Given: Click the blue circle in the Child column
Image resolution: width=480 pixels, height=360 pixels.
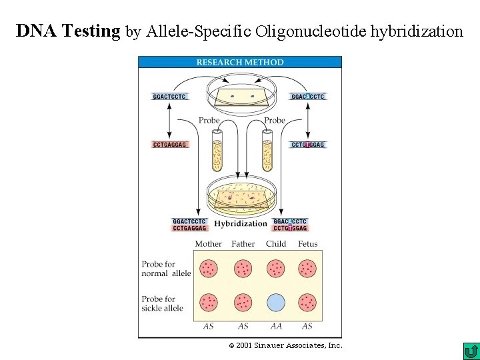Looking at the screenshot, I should coord(275,303).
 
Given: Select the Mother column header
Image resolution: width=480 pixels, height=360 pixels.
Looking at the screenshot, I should coord(208,244).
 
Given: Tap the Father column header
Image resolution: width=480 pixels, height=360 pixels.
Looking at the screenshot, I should coord(243,244).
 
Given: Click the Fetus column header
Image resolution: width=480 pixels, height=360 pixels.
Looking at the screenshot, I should coord(307,244).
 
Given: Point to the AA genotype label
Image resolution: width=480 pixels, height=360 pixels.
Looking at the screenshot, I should coord(275,327).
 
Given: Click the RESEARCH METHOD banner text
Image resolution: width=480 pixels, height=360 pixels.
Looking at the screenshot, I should coord(240,62).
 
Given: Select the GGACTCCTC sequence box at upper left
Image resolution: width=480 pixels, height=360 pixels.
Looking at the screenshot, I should coord(170,97).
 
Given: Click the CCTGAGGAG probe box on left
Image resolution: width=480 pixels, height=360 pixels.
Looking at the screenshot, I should coord(170,145).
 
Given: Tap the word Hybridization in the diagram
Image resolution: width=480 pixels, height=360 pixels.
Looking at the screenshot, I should coord(241,224).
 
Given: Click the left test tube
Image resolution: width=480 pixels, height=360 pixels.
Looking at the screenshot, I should coord(217,151).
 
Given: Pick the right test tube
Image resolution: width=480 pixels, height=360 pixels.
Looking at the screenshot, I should coord(267,151).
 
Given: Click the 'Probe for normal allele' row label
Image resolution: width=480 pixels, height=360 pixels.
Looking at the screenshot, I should coord(166,269).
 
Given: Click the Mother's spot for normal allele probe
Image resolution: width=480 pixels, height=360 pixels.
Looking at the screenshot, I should coord(209,268).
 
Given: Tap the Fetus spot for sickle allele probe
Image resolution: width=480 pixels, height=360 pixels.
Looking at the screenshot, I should coord(307,303).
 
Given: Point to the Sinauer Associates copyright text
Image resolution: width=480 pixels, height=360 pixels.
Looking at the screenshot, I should coord(285,345).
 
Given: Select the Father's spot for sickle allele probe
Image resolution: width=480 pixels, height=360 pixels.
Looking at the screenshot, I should coord(243,303).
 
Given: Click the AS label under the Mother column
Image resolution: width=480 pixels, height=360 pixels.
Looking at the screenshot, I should coord(209,327).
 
